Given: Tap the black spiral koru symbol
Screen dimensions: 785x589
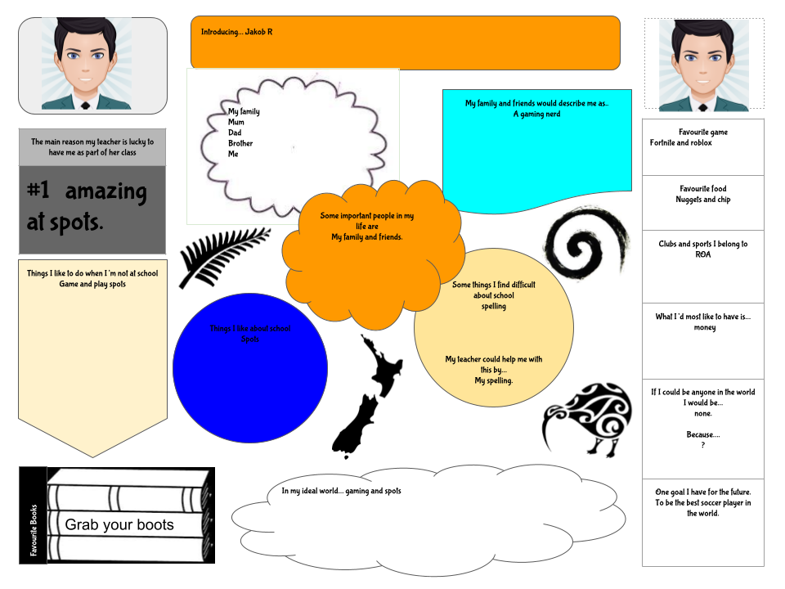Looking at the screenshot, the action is point(586,243).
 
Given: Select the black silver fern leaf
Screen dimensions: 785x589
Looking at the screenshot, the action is point(222,255).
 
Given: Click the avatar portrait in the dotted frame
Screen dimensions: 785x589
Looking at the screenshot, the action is point(703,65).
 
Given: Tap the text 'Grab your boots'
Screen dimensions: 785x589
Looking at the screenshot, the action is point(119,525).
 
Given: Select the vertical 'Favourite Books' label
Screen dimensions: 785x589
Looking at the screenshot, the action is point(34,530).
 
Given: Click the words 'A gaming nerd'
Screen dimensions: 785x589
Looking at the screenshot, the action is point(536,115).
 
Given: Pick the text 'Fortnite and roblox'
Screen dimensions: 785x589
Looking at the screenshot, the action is point(681,143).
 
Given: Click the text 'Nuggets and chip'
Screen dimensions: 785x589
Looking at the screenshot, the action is point(702,200).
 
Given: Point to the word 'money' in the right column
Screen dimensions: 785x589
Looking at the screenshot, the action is point(704,328).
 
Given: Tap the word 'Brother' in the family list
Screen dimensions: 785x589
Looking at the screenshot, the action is point(240,143).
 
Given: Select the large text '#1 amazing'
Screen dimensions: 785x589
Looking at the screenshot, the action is point(87,192).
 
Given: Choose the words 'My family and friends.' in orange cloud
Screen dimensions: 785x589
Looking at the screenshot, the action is point(366,237).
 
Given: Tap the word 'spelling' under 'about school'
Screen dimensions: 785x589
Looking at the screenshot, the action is point(494,307).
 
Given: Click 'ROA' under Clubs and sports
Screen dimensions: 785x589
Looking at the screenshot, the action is point(703,254).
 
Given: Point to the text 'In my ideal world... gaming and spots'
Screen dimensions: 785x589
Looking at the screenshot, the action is point(341,491).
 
